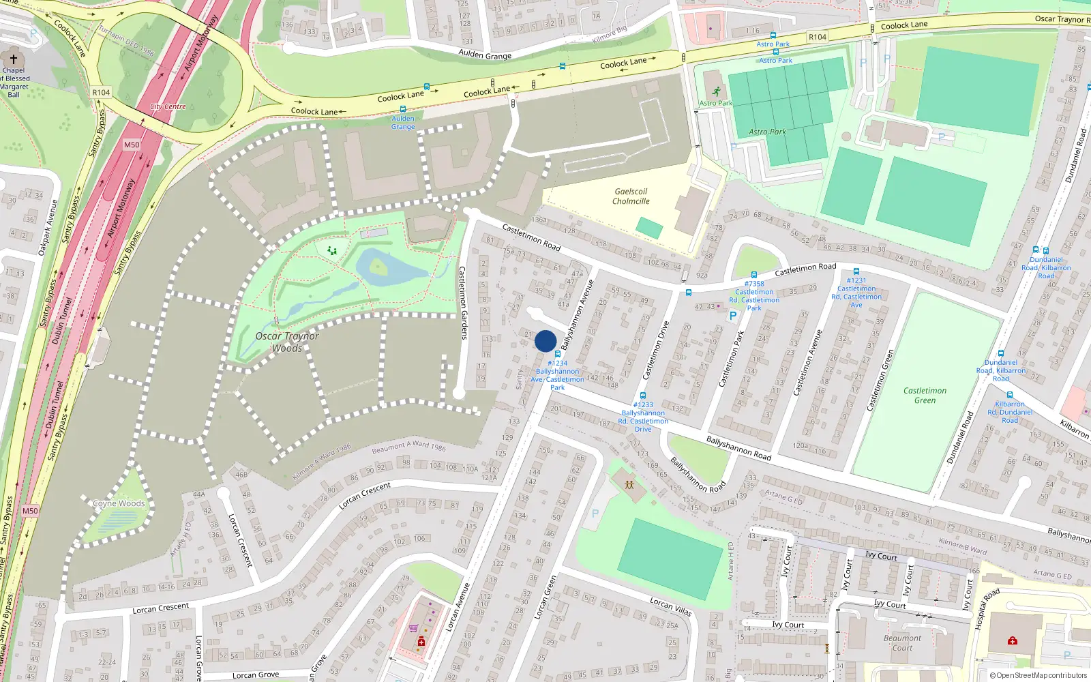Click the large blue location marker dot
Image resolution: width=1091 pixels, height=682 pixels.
pos(545,341)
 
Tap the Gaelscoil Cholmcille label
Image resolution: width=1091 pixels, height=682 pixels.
pos(631,196)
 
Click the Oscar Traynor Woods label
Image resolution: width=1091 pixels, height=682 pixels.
pos(287,342)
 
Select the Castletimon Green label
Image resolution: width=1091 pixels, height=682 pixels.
pos(925,396)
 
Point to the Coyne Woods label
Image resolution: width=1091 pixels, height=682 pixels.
pos(119,503)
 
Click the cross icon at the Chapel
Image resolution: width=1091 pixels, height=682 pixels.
pos(13,59)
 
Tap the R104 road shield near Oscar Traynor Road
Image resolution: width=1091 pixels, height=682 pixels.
pos(817,37)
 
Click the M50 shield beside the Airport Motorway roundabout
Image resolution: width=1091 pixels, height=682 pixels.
pos(132,145)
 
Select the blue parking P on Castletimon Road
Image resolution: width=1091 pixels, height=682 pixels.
pos(733,316)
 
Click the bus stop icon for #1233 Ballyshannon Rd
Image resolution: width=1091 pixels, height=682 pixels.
pos(642,396)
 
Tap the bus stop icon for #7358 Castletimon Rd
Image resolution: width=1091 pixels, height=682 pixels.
pos(754,275)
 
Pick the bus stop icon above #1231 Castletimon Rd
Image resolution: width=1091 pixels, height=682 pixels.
pos(856,271)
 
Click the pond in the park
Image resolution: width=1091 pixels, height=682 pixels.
pos(382,267)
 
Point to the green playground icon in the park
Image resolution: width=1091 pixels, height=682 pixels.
pos(332,251)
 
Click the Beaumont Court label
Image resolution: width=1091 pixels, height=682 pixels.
pos(902,643)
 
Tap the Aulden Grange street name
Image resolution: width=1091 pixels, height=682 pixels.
pos(485,55)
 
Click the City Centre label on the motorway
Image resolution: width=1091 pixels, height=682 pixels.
pos(168,107)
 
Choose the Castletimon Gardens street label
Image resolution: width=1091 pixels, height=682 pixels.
pos(463,303)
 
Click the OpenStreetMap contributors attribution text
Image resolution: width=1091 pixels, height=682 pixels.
pos(1038,675)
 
